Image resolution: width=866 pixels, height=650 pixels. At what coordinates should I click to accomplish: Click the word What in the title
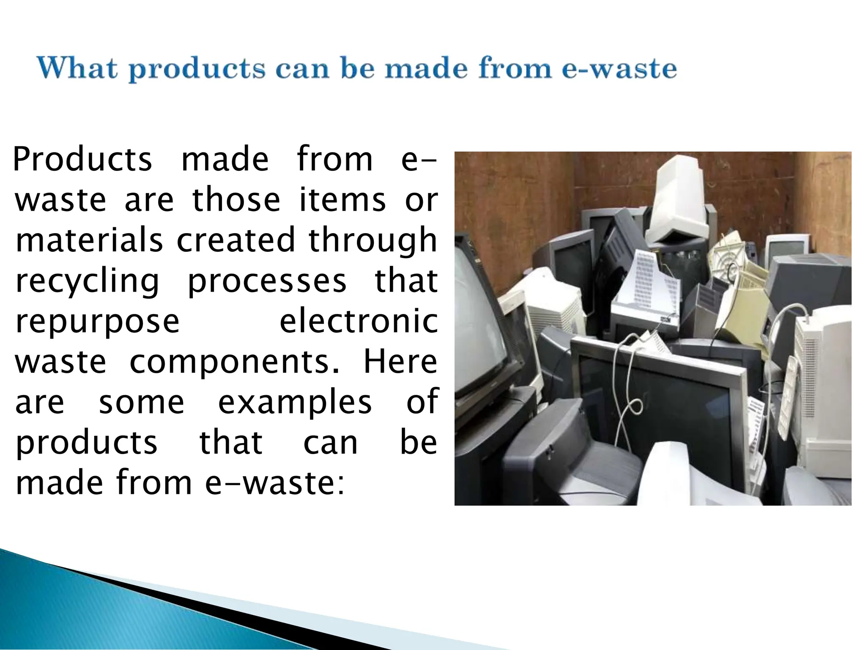click(x=77, y=68)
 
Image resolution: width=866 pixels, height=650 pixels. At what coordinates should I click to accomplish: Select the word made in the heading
click(x=427, y=68)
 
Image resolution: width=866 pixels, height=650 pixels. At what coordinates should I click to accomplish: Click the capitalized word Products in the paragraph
click(x=82, y=160)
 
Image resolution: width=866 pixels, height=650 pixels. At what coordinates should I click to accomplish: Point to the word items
click(x=343, y=200)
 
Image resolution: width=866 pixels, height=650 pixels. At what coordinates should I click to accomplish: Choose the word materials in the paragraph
click(x=89, y=240)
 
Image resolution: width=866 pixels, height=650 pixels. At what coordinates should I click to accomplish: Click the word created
click(x=235, y=240)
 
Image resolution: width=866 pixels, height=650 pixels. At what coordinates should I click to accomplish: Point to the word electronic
click(x=359, y=321)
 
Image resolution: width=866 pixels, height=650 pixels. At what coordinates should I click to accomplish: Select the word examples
click(x=295, y=402)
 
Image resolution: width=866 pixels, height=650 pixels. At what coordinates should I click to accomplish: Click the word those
click(x=236, y=200)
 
